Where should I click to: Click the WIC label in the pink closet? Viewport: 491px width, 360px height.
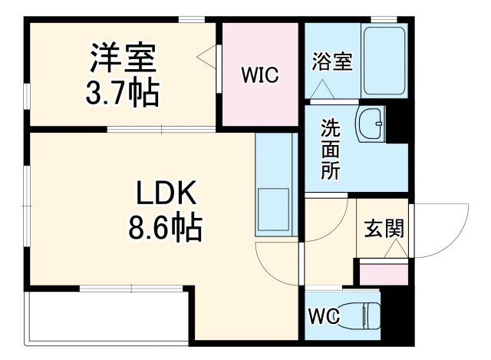click(259, 75)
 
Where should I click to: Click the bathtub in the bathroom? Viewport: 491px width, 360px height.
click(384, 61)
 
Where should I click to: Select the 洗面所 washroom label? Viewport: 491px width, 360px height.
click(331, 149)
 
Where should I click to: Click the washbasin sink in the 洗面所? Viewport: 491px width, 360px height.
click(373, 122)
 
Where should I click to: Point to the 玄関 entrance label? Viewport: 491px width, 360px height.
click(384, 229)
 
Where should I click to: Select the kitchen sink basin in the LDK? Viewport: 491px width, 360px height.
click(273, 206)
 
